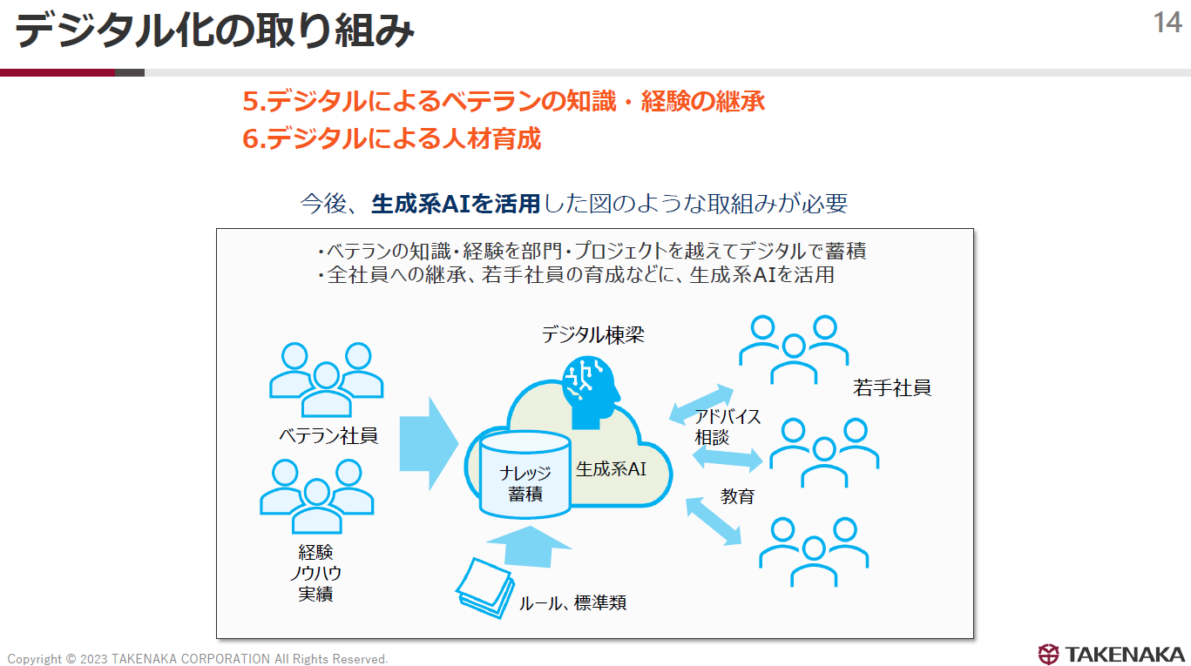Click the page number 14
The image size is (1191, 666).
(1167, 23)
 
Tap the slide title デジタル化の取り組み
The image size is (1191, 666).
(214, 32)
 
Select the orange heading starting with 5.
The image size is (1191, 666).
(504, 102)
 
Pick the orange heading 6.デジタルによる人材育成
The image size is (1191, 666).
(392, 138)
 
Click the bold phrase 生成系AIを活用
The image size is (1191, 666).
(456, 204)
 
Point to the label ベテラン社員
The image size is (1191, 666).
(328, 434)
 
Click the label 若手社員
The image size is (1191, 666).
(891, 388)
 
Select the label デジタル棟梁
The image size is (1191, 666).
(592, 334)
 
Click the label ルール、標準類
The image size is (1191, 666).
(572, 602)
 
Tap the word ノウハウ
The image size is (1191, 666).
(315, 574)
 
